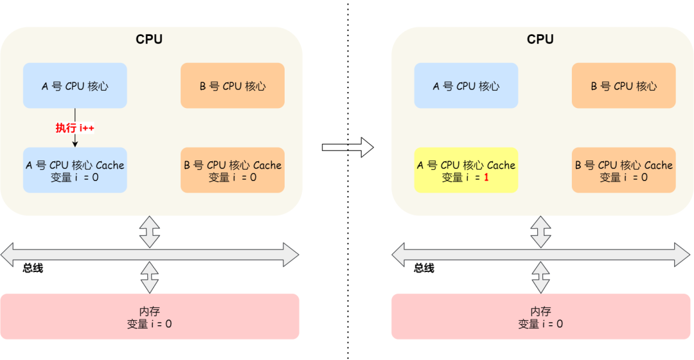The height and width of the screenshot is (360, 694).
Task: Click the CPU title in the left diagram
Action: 149,39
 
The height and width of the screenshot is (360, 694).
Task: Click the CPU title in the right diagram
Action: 540,39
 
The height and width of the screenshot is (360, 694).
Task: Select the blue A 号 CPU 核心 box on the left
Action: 75,85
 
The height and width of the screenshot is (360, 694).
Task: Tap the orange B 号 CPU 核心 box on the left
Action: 233,85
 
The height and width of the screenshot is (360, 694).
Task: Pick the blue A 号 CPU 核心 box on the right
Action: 466,85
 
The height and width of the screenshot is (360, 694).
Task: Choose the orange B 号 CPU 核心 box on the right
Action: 624,85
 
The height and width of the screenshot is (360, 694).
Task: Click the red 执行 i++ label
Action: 75,128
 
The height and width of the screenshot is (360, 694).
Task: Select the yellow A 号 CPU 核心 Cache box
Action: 466,170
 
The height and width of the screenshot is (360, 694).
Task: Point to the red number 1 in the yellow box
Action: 486,177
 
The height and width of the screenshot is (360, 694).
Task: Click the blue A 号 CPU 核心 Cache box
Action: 75,170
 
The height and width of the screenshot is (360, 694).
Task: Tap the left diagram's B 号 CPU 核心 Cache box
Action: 233,170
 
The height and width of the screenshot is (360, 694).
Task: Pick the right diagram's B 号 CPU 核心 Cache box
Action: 624,170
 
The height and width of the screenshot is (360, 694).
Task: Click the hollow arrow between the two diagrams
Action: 348,147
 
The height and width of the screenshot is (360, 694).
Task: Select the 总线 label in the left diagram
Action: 33,268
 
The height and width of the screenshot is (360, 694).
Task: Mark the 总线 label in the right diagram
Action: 424,268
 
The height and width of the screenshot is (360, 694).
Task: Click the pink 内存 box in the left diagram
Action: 150,316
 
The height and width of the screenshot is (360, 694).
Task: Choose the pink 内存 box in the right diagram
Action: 540,316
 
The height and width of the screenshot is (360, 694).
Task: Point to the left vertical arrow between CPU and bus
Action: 150,231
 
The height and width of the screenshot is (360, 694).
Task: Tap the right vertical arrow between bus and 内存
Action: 540,277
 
